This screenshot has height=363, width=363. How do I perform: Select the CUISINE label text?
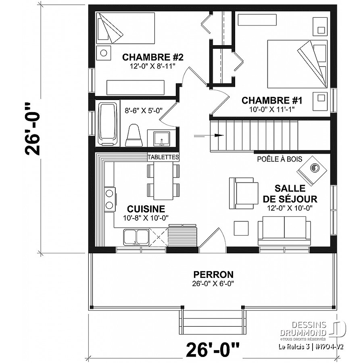point(146,209)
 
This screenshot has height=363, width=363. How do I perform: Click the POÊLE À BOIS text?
point(280,159)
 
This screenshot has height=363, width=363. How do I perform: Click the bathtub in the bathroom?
point(107,123)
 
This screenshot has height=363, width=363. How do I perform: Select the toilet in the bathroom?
point(134,135)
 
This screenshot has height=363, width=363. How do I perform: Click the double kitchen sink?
point(136,237)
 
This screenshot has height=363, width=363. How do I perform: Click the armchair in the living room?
point(243,193)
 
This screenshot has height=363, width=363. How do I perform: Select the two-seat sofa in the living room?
point(284,231)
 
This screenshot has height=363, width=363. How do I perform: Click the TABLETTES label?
point(163,157)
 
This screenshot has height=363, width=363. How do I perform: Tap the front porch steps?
point(212,320)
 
